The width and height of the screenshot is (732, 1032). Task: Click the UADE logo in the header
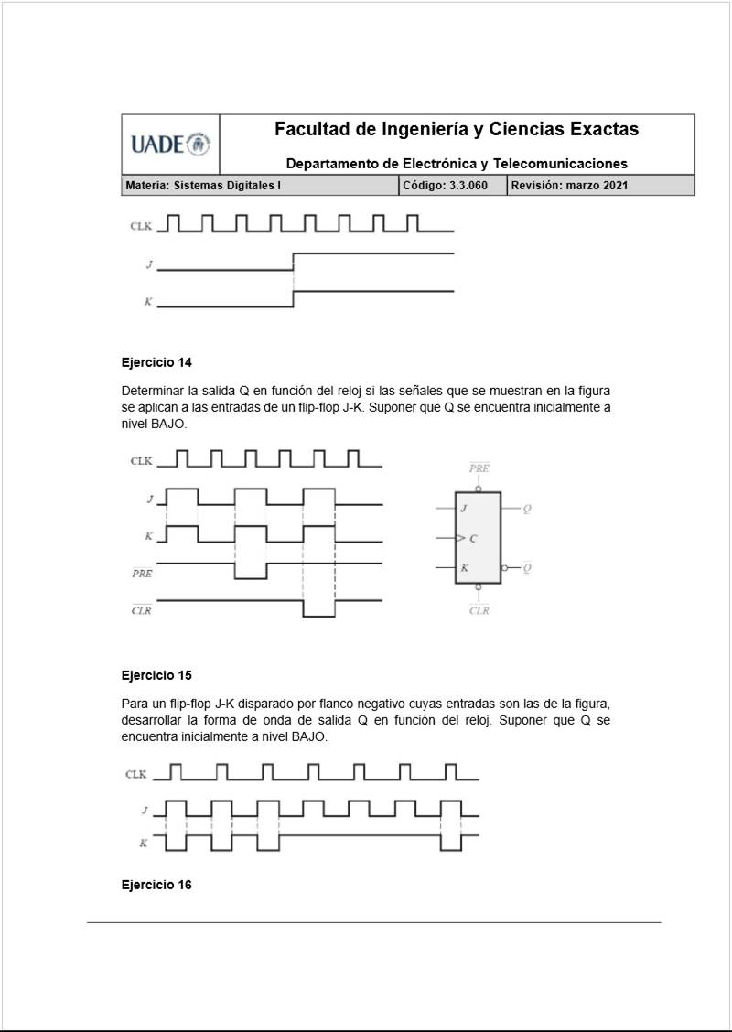[x=170, y=145]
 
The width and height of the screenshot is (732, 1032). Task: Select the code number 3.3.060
[x=464, y=186]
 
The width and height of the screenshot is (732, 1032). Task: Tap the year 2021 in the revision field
[x=613, y=186]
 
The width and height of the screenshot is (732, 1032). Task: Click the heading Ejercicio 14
[x=156, y=361]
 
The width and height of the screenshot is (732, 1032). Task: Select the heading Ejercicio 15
[x=156, y=675]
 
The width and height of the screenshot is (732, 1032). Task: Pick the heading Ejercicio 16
[x=156, y=885]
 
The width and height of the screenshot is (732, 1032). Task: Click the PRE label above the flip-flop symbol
[x=479, y=468]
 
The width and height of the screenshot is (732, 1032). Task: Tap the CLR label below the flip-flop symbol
[x=479, y=610]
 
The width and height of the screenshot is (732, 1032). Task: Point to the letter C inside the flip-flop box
[x=473, y=538]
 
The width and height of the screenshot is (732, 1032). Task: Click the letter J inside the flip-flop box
[x=464, y=508]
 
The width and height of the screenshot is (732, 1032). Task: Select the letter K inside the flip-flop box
[x=465, y=568]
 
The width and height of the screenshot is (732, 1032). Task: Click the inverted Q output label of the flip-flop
[x=527, y=568]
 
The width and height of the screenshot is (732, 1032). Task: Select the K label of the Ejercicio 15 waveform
[x=143, y=843]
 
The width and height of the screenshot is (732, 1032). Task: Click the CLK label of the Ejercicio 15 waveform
[x=136, y=775]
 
